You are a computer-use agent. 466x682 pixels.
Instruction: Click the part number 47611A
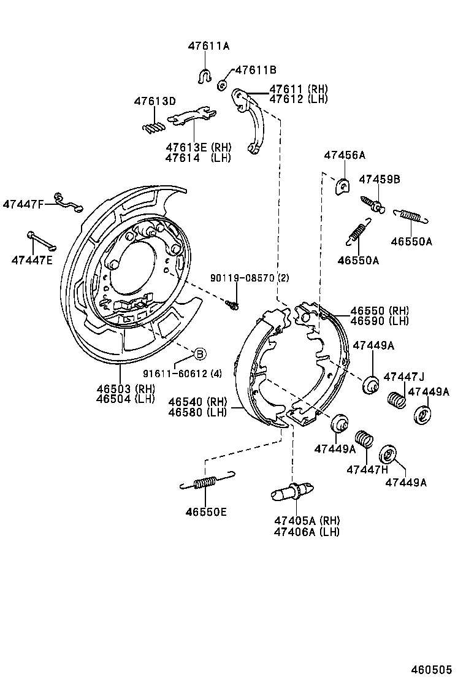point(208,46)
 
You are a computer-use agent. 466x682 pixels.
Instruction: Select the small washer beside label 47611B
point(223,84)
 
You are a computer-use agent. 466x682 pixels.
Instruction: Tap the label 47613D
point(155,101)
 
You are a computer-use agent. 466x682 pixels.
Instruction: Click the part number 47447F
point(23,204)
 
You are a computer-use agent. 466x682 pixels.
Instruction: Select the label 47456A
point(344,155)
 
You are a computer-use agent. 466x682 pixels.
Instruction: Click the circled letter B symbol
point(200,353)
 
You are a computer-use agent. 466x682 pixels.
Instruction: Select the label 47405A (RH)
point(307,521)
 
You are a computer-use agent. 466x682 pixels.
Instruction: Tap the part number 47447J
point(403,376)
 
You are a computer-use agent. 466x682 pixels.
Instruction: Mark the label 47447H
point(367,469)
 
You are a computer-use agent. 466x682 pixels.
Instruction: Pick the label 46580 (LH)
point(198,412)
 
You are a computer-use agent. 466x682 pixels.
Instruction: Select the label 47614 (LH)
point(197,158)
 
